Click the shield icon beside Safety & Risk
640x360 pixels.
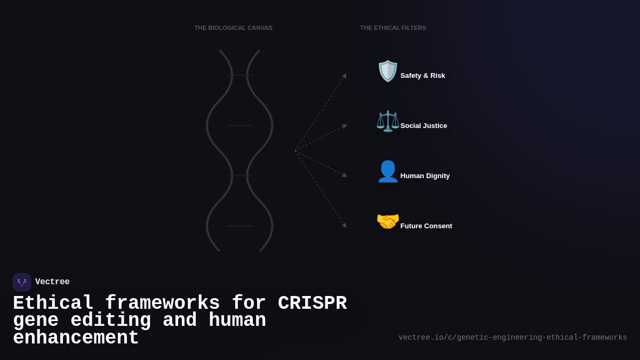[388, 71]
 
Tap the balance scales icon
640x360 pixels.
[388, 121]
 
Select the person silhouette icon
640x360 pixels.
[388, 171]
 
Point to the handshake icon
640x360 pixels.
[388, 221]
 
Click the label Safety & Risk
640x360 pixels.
[422, 76]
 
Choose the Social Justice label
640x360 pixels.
[423, 126]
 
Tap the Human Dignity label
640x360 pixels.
[425, 176]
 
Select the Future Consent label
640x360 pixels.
[426, 226]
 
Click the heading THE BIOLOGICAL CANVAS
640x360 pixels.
[233, 28]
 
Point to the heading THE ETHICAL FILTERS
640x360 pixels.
[393, 28]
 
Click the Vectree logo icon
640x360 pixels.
[22, 282]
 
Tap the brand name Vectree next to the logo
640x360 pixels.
[52, 282]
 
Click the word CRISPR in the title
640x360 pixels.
[312, 303]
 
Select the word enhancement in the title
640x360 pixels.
[76, 338]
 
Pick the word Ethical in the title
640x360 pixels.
[53, 303]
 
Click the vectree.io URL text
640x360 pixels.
[513, 338]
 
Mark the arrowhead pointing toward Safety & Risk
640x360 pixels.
[345, 76]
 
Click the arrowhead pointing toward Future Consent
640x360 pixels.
[345, 225]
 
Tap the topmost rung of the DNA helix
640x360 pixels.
[239, 75]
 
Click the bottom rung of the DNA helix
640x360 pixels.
[239, 226]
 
